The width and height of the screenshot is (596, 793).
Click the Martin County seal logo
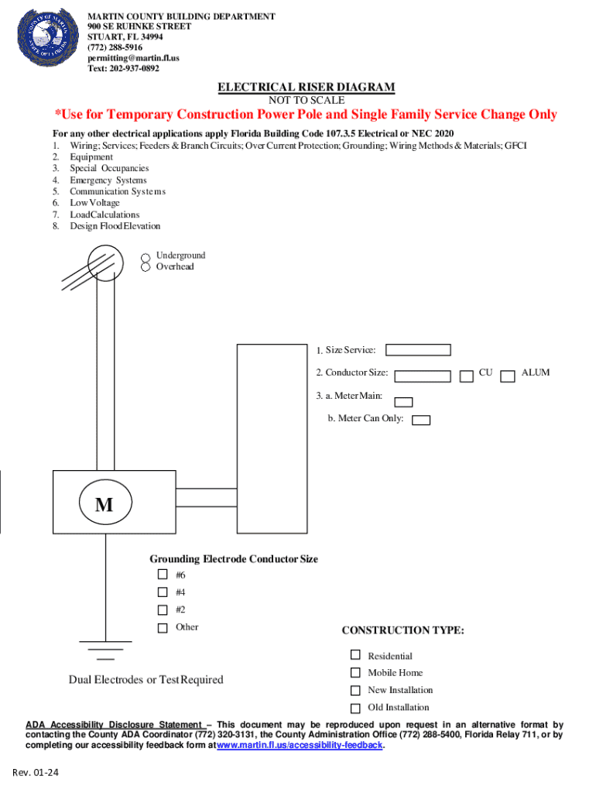(x=49, y=39)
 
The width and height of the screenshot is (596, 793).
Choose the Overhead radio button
(x=145, y=266)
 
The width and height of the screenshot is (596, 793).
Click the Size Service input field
(x=418, y=351)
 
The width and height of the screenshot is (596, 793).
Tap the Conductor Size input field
(x=423, y=376)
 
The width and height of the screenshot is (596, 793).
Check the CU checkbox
(x=467, y=376)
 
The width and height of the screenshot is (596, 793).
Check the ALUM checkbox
(x=508, y=376)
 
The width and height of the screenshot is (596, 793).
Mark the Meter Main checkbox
(x=404, y=402)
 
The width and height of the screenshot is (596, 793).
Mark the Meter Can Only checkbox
(x=421, y=421)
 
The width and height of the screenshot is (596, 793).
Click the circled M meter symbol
(x=104, y=505)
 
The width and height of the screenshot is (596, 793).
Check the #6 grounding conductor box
(x=163, y=575)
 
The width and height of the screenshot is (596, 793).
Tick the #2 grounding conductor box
(x=163, y=609)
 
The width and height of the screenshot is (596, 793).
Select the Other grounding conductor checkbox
(x=163, y=628)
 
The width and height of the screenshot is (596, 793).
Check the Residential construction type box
(x=355, y=655)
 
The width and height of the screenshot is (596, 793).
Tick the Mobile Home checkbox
(x=355, y=673)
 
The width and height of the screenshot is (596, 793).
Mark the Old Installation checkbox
(x=355, y=708)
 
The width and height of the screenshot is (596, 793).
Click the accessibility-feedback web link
(x=300, y=745)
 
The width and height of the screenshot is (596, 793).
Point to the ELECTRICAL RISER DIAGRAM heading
(x=306, y=88)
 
